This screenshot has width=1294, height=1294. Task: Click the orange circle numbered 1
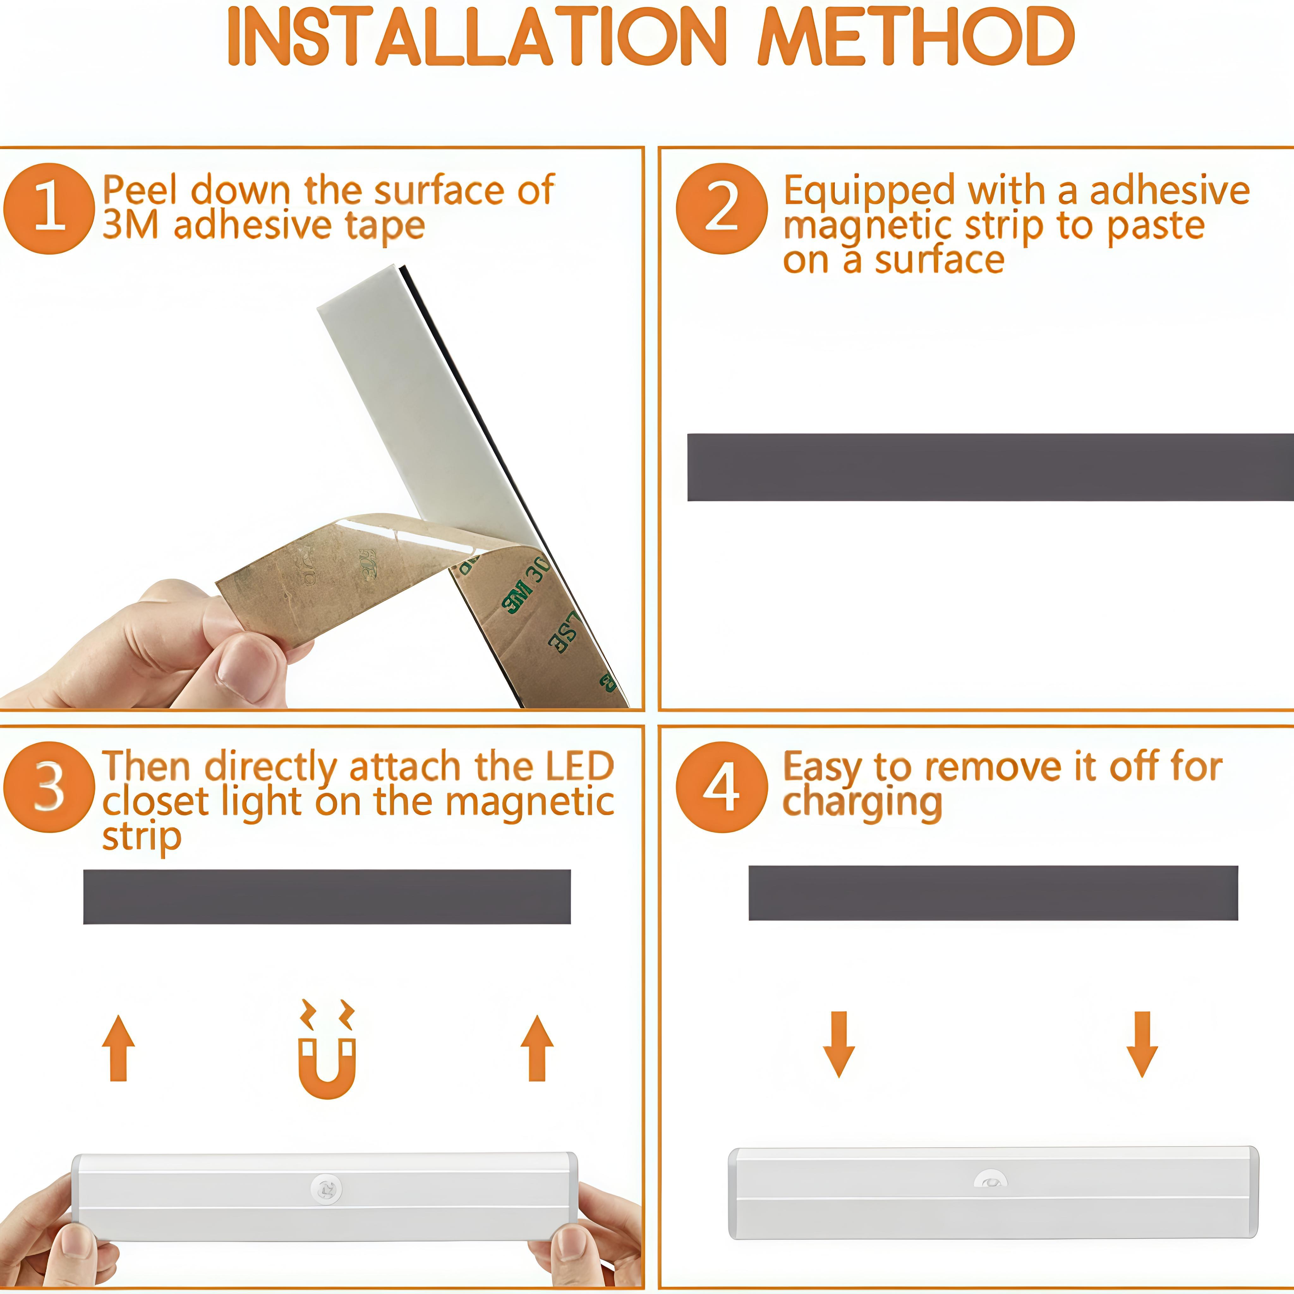[x=48, y=208]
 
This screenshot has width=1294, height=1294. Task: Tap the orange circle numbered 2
[x=721, y=208]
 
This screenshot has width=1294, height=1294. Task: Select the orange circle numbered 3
[x=48, y=787]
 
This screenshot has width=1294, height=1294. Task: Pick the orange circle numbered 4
[x=721, y=787]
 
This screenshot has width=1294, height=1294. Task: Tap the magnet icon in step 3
[x=327, y=1061]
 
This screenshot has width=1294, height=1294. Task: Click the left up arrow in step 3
[x=118, y=1048]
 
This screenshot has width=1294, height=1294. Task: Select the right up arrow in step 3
[x=537, y=1048]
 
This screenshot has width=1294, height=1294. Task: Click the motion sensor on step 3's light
[x=326, y=1189]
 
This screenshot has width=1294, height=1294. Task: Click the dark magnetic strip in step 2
[x=990, y=467]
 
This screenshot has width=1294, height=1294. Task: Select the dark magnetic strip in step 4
[x=993, y=893]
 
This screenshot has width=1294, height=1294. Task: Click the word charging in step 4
[x=862, y=802]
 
